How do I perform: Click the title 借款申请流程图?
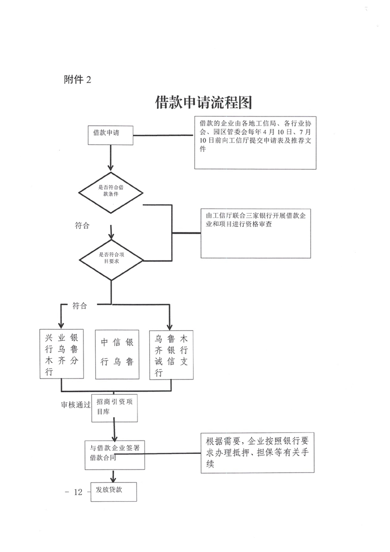tap(204, 103)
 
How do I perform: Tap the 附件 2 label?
tap(77, 79)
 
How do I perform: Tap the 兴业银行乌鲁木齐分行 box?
tap(61, 354)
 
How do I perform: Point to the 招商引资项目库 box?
tap(115, 408)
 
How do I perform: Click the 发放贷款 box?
tap(114, 491)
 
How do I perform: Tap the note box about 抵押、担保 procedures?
tap(257, 452)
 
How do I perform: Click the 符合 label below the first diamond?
tap(81, 225)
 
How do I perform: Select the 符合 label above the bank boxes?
tap(79, 306)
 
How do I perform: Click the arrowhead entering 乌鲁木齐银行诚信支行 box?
tap(170, 326)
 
